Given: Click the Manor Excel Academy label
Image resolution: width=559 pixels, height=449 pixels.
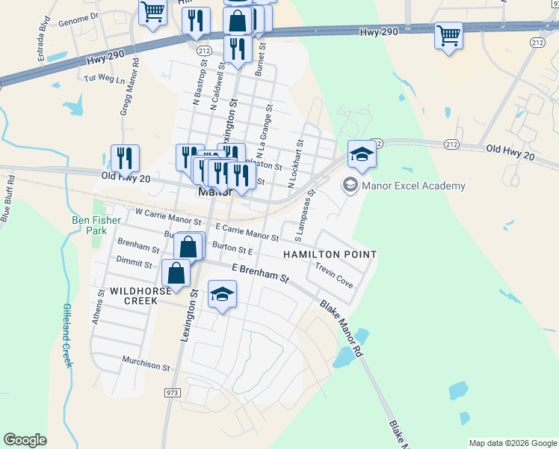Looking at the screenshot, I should (x=413, y=186).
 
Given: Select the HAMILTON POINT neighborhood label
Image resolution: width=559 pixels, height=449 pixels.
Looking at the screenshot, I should (x=329, y=255).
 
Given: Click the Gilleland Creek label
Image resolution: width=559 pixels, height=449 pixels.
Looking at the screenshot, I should (x=68, y=335).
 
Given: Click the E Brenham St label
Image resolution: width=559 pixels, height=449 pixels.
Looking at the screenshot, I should (x=260, y=272).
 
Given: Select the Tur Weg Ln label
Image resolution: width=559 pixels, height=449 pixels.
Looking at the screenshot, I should (x=105, y=79).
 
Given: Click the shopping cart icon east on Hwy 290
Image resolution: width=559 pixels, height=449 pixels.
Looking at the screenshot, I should (x=448, y=34).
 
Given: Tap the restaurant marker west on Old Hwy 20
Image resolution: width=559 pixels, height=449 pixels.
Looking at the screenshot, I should (x=125, y=157).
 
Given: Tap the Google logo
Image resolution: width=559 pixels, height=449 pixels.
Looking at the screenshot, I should (x=25, y=440).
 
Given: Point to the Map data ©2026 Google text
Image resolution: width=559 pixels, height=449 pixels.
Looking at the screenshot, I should (x=513, y=443).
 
